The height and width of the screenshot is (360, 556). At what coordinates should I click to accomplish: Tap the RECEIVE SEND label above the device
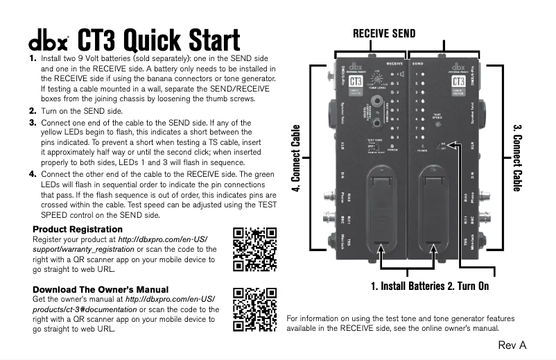tap(384, 33)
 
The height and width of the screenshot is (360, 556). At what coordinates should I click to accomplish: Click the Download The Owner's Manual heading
tap(100, 289)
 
